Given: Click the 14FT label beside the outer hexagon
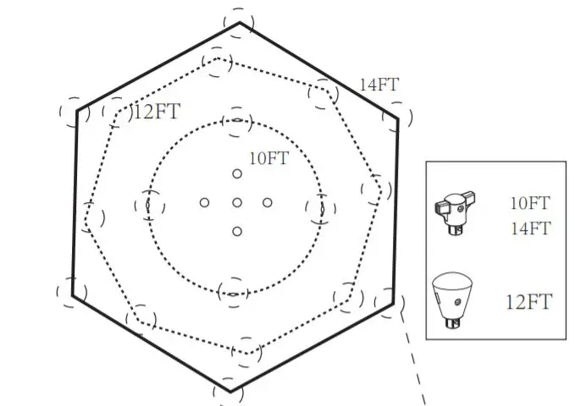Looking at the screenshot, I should (x=379, y=85).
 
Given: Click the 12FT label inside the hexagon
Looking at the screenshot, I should (x=157, y=112).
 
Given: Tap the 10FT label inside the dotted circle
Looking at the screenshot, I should (x=268, y=157).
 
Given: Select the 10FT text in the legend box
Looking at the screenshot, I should (x=529, y=203).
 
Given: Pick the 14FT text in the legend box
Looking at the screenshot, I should (x=529, y=228).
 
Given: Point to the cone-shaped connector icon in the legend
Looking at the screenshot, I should (x=456, y=299).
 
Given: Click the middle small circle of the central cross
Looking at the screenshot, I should (x=237, y=202).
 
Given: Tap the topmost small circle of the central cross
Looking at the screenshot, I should (x=237, y=174).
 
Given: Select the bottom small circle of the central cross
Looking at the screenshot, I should (x=237, y=231).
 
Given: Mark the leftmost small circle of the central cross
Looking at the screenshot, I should (x=204, y=202).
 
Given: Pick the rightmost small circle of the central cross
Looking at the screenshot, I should (x=268, y=202).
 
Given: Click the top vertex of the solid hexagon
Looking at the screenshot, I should (x=240, y=22).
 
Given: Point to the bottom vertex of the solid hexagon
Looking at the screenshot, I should (x=230, y=391).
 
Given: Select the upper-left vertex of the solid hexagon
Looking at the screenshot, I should (x=77, y=110).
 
